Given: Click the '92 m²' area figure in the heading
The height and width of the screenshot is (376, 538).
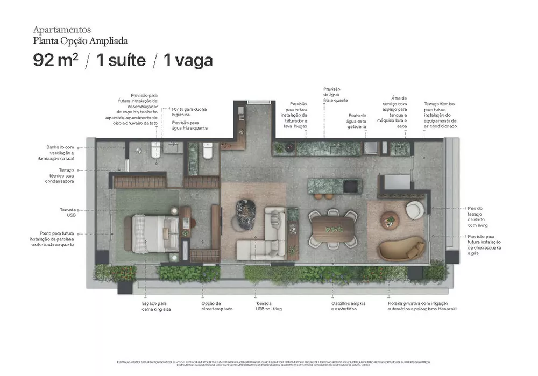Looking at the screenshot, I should tap(55, 60).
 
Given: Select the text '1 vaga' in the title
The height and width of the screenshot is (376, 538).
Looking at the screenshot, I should tap(188, 60).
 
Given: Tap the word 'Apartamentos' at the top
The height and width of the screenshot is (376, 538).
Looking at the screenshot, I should tap(62, 30).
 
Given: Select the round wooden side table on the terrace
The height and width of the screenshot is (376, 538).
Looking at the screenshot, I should tap(390, 219).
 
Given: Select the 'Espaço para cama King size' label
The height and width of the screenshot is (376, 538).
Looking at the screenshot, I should tap(156, 306).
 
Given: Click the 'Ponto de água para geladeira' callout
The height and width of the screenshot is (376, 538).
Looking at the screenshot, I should tap(357, 122).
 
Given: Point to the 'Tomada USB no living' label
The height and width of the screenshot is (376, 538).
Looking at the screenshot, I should tap(268, 306).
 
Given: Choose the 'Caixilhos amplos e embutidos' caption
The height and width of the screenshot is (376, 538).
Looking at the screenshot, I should tap(348, 306).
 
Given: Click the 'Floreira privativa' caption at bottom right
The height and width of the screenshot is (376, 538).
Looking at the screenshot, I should tap(422, 306).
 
